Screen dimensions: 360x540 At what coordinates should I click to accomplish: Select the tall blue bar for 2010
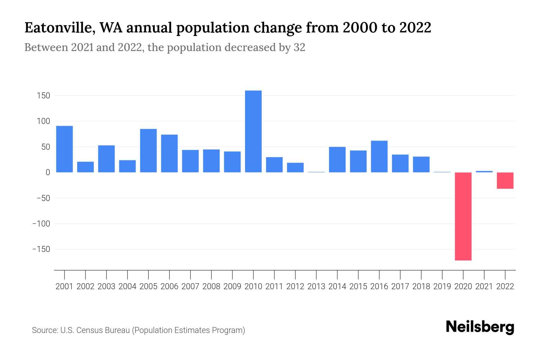(253, 131)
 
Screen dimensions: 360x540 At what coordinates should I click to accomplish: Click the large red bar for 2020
(463, 216)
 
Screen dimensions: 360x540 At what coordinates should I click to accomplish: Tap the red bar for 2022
(505, 180)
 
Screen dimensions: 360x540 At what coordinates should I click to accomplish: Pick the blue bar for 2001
(64, 149)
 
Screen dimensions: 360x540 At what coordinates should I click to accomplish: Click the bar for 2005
(148, 151)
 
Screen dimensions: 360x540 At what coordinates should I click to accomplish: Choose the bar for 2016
(379, 156)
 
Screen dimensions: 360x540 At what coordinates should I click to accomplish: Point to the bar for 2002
(85, 167)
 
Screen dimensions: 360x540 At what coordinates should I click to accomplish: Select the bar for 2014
(337, 159)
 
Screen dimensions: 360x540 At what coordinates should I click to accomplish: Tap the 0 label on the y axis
(48, 172)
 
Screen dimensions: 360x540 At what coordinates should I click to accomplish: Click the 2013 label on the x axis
(316, 286)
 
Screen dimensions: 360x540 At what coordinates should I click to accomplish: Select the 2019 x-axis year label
(442, 286)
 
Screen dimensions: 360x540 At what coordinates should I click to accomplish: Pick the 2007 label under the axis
(190, 286)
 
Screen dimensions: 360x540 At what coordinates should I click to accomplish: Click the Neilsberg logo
(480, 327)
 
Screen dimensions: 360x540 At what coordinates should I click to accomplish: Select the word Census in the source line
(88, 330)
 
